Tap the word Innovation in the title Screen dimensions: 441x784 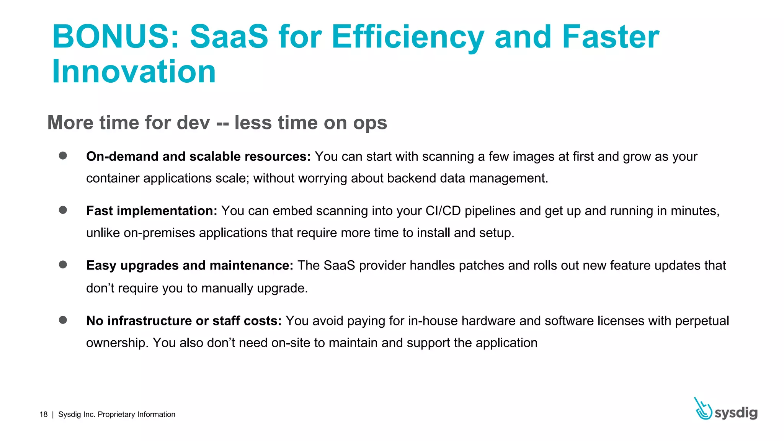click(134, 72)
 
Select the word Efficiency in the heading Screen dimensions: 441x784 click(408, 38)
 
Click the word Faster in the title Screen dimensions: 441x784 click(610, 37)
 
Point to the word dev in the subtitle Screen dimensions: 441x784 click(194, 123)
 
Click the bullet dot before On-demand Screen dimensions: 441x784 click(63, 155)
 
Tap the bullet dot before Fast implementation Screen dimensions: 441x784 click(63, 210)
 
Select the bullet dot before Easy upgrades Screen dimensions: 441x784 click(63, 265)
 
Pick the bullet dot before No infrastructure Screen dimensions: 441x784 click(63, 320)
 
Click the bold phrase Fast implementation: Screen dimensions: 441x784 click(152, 211)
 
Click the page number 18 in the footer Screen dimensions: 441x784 click(44, 414)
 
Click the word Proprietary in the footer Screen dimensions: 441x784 click(116, 415)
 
